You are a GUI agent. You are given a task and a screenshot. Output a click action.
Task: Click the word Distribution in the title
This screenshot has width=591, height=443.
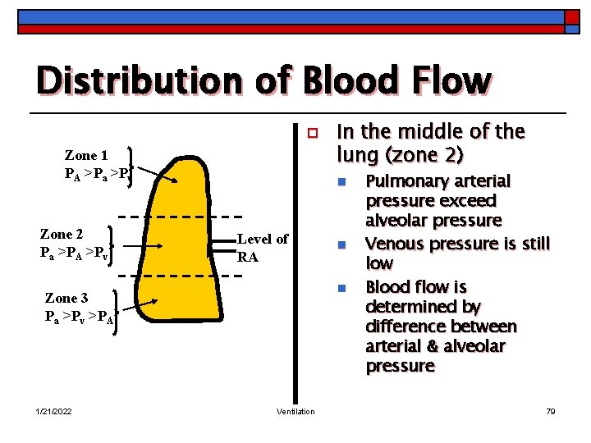122,81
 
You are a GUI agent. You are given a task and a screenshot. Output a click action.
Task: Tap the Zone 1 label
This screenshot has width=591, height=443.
86,155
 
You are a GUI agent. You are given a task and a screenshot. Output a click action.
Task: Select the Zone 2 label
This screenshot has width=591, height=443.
62,234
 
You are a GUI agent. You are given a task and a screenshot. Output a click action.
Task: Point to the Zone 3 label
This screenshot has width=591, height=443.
66,299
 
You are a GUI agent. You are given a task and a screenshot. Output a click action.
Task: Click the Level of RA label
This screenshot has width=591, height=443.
262,247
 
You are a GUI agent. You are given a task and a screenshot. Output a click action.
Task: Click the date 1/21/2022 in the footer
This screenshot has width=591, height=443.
54,411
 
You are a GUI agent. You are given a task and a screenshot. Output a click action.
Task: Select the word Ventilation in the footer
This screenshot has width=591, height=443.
295,411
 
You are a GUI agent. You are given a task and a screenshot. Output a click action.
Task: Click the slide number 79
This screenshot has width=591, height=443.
550,411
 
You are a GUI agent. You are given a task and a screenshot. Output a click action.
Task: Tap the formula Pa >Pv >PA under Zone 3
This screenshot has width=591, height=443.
79,316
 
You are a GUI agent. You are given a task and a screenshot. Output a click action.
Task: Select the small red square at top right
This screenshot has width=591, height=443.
571,16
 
